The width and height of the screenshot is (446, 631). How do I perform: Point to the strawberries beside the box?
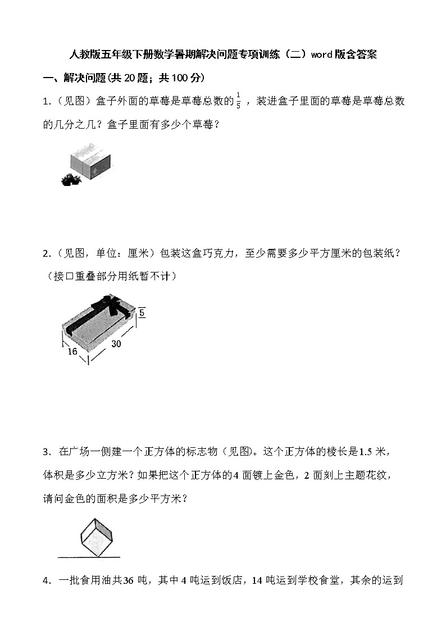coord(71,179)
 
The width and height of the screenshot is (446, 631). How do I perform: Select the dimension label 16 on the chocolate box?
coord(71,352)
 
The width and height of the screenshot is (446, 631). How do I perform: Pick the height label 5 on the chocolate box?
coord(142,312)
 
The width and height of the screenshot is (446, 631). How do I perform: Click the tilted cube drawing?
coord(96,534)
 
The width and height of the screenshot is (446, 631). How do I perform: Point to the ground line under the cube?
coord(89,557)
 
